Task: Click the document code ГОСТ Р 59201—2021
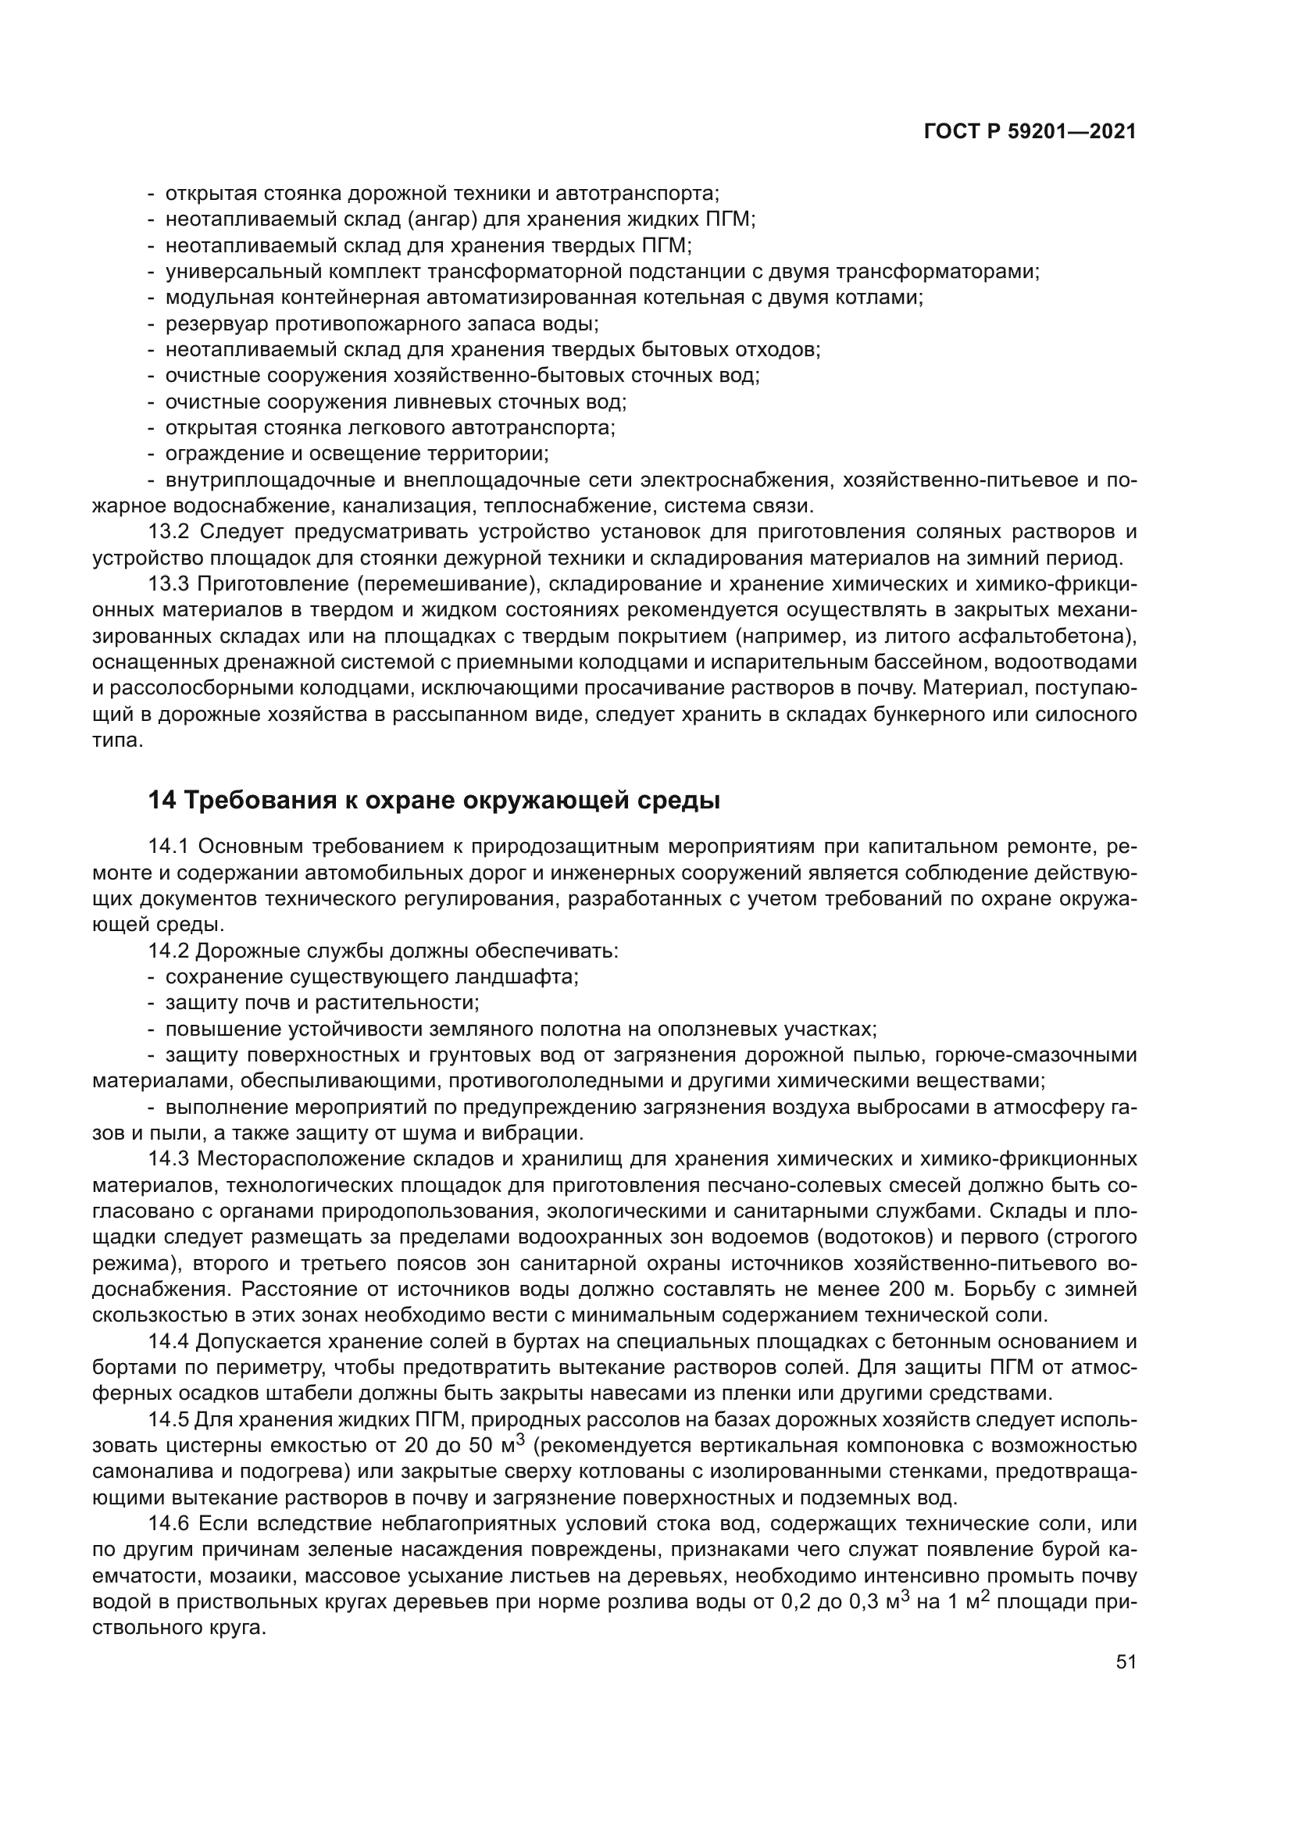coord(1030,132)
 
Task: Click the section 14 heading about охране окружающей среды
coord(434,801)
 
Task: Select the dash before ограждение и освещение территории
coord(152,455)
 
